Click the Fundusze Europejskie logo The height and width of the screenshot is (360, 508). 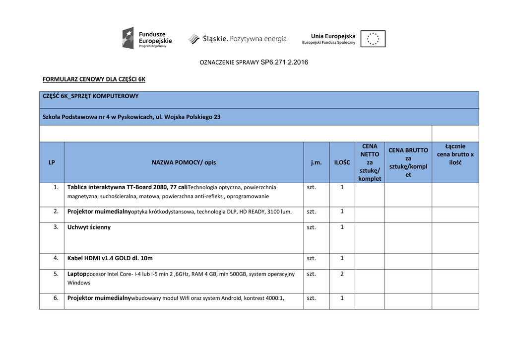tap(147, 38)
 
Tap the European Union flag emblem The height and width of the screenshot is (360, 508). tap(373, 39)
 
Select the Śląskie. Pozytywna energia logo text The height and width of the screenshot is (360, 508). tap(238, 39)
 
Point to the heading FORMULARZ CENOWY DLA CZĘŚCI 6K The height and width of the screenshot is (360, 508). tap(94, 79)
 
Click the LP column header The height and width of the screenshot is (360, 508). tap(52, 162)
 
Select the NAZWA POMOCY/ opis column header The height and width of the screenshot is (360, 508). tap(184, 162)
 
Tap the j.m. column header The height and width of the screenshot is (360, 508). tap(316, 162)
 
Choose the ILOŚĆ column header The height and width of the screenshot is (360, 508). tap(342, 162)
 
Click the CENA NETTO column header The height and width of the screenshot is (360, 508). tap(370, 162)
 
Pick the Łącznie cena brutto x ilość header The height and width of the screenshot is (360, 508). tap(455, 154)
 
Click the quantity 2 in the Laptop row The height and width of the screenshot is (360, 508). tap(342, 274)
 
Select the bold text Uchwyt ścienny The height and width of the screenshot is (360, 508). tap(89, 227)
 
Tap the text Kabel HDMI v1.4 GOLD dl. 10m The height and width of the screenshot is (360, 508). tap(110, 258)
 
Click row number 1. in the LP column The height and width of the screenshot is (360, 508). tap(56, 187)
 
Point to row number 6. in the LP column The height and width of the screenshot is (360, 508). tap(56, 298)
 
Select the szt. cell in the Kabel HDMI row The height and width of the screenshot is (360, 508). tap(311, 258)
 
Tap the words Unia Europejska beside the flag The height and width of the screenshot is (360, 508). tap(333, 36)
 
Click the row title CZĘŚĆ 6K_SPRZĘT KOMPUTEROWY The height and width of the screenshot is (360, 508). tap(91, 96)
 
